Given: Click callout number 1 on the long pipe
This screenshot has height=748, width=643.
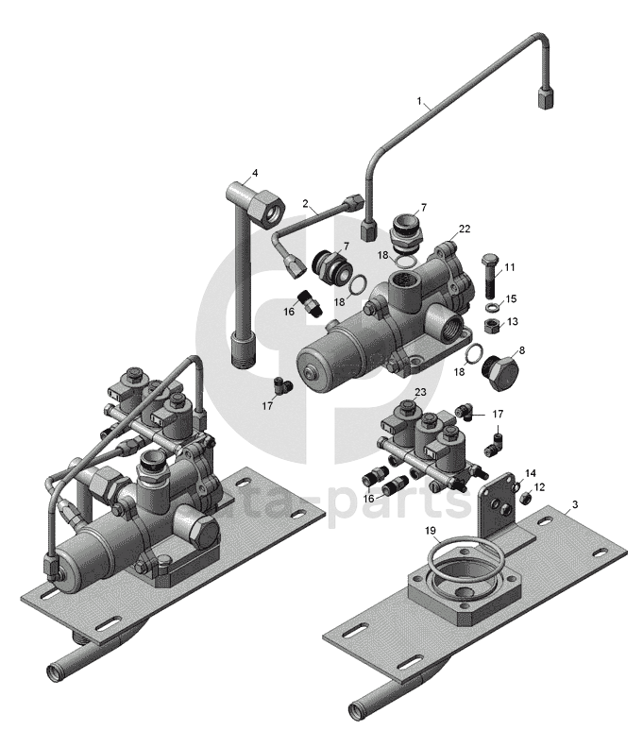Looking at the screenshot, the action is click(419, 101).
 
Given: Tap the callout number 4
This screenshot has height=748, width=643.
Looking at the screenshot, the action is click(255, 173).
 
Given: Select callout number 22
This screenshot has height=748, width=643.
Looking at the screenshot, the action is click(465, 229).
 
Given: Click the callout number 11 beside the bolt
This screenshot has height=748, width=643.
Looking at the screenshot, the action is click(510, 267).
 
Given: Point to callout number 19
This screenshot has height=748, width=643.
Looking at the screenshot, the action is click(431, 530).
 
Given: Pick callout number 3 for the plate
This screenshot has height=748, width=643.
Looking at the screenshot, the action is click(575, 504).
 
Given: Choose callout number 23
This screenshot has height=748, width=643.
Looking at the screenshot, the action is click(420, 392).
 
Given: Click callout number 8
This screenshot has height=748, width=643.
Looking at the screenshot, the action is click(522, 350).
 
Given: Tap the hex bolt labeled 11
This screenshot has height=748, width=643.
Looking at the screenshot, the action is click(490, 276).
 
